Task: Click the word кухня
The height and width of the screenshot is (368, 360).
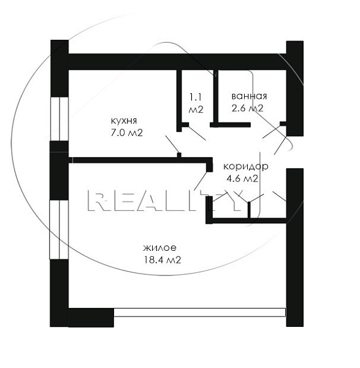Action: (124, 121)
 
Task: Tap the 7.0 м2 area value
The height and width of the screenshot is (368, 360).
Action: (127, 133)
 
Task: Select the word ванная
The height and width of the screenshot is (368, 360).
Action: (249, 96)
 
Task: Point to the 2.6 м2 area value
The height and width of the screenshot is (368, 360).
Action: (248, 108)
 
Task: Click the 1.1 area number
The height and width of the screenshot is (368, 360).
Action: (196, 97)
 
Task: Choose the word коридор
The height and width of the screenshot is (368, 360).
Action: (246, 167)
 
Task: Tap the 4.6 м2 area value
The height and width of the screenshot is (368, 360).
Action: (242, 178)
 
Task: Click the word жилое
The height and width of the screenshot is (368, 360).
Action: (160, 248)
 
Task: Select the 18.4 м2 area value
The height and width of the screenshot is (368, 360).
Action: (163, 260)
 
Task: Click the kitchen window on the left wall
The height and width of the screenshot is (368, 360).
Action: (59, 119)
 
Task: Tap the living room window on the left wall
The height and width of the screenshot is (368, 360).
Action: (59, 229)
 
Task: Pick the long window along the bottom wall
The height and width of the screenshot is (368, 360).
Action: (199, 312)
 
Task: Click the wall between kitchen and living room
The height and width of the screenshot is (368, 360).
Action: (141, 160)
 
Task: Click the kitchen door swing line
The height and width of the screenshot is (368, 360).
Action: (172, 144)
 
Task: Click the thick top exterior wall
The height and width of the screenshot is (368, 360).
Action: (177, 62)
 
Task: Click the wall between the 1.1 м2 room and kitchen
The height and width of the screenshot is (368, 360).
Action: (179, 101)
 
